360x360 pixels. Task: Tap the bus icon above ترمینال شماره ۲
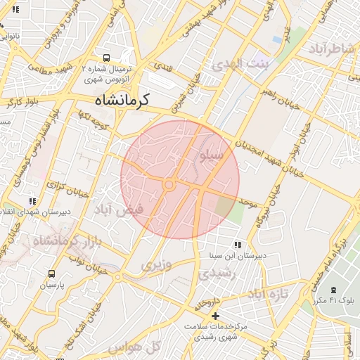click(x=105, y=58)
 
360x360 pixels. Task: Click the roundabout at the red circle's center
click(x=169, y=185)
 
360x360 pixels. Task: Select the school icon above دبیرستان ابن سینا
click(x=238, y=245)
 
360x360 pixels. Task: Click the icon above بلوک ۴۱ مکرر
click(x=333, y=290)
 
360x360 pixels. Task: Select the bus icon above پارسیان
click(x=51, y=274)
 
